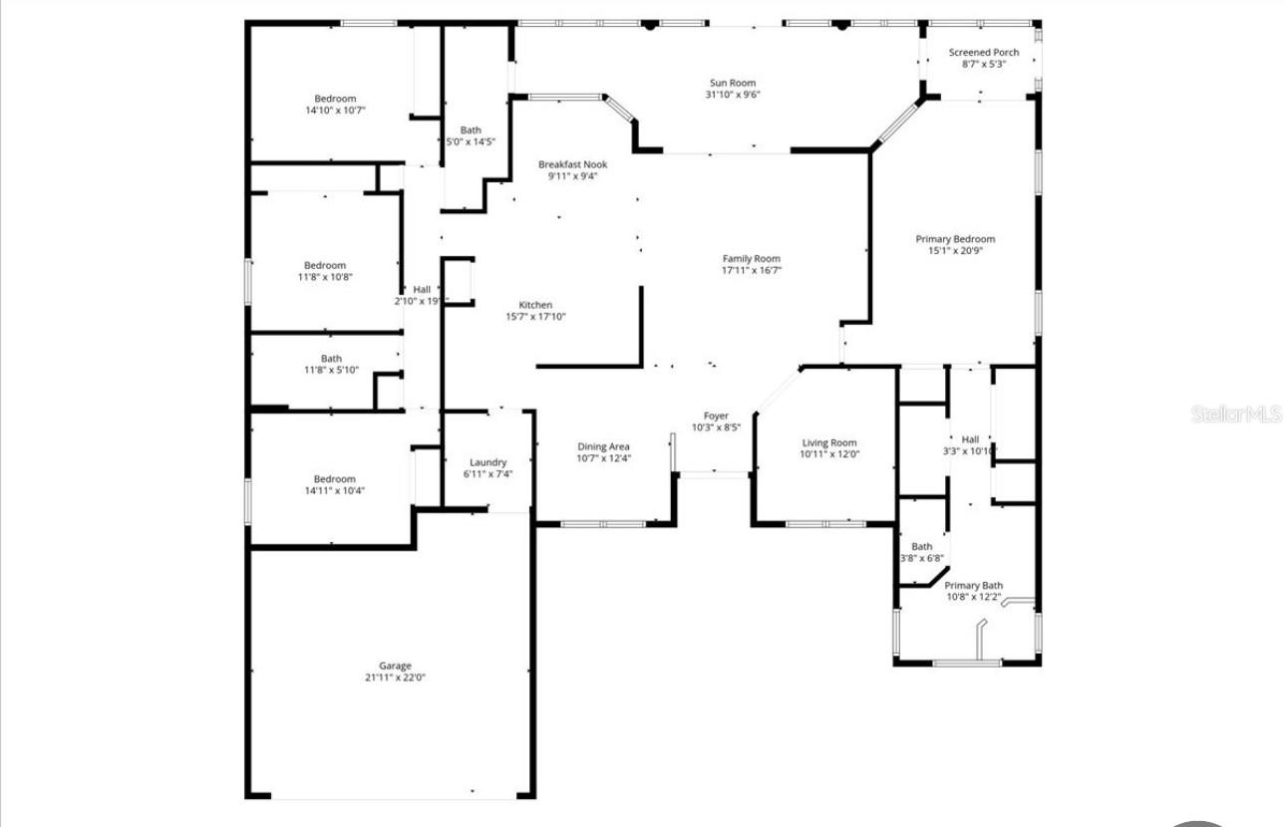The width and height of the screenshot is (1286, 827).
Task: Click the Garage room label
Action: [x=395, y=666]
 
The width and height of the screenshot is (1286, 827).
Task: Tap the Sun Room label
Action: [x=733, y=83]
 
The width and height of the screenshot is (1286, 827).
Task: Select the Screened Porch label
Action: [x=984, y=52]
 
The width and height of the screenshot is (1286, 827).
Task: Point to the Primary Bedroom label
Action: [x=955, y=239]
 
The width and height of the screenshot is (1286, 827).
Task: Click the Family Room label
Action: [x=752, y=258]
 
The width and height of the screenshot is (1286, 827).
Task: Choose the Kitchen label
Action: [x=535, y=305]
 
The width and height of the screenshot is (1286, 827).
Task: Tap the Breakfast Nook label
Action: [x=572, y=164]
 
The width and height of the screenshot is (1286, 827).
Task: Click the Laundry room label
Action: [x=488, y=462]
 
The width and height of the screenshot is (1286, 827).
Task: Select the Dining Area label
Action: [x=604, y=446]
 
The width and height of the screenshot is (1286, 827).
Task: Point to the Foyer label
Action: [x=716, y=415]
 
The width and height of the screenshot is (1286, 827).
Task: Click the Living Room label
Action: [x=829, y=443]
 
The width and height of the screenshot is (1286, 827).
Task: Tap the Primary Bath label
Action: [x=974, y=585]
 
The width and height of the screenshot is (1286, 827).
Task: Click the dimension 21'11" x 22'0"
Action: [x=395, y=678]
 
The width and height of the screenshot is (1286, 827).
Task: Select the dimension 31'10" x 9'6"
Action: [x=733, y=95]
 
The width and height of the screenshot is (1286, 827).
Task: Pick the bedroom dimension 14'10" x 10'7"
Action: [x=335, y=111]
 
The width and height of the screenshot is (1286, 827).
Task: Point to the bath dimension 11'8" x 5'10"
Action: [x=331, y=371]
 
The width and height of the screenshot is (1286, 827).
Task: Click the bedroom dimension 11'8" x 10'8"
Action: [x=325, y=277]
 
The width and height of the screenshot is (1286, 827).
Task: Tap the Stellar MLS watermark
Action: [x=1236, y=413]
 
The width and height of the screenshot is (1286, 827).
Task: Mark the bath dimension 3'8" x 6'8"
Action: [x=922, y=558]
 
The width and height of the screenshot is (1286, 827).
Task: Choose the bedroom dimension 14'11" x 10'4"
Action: [x=335, y=490]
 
